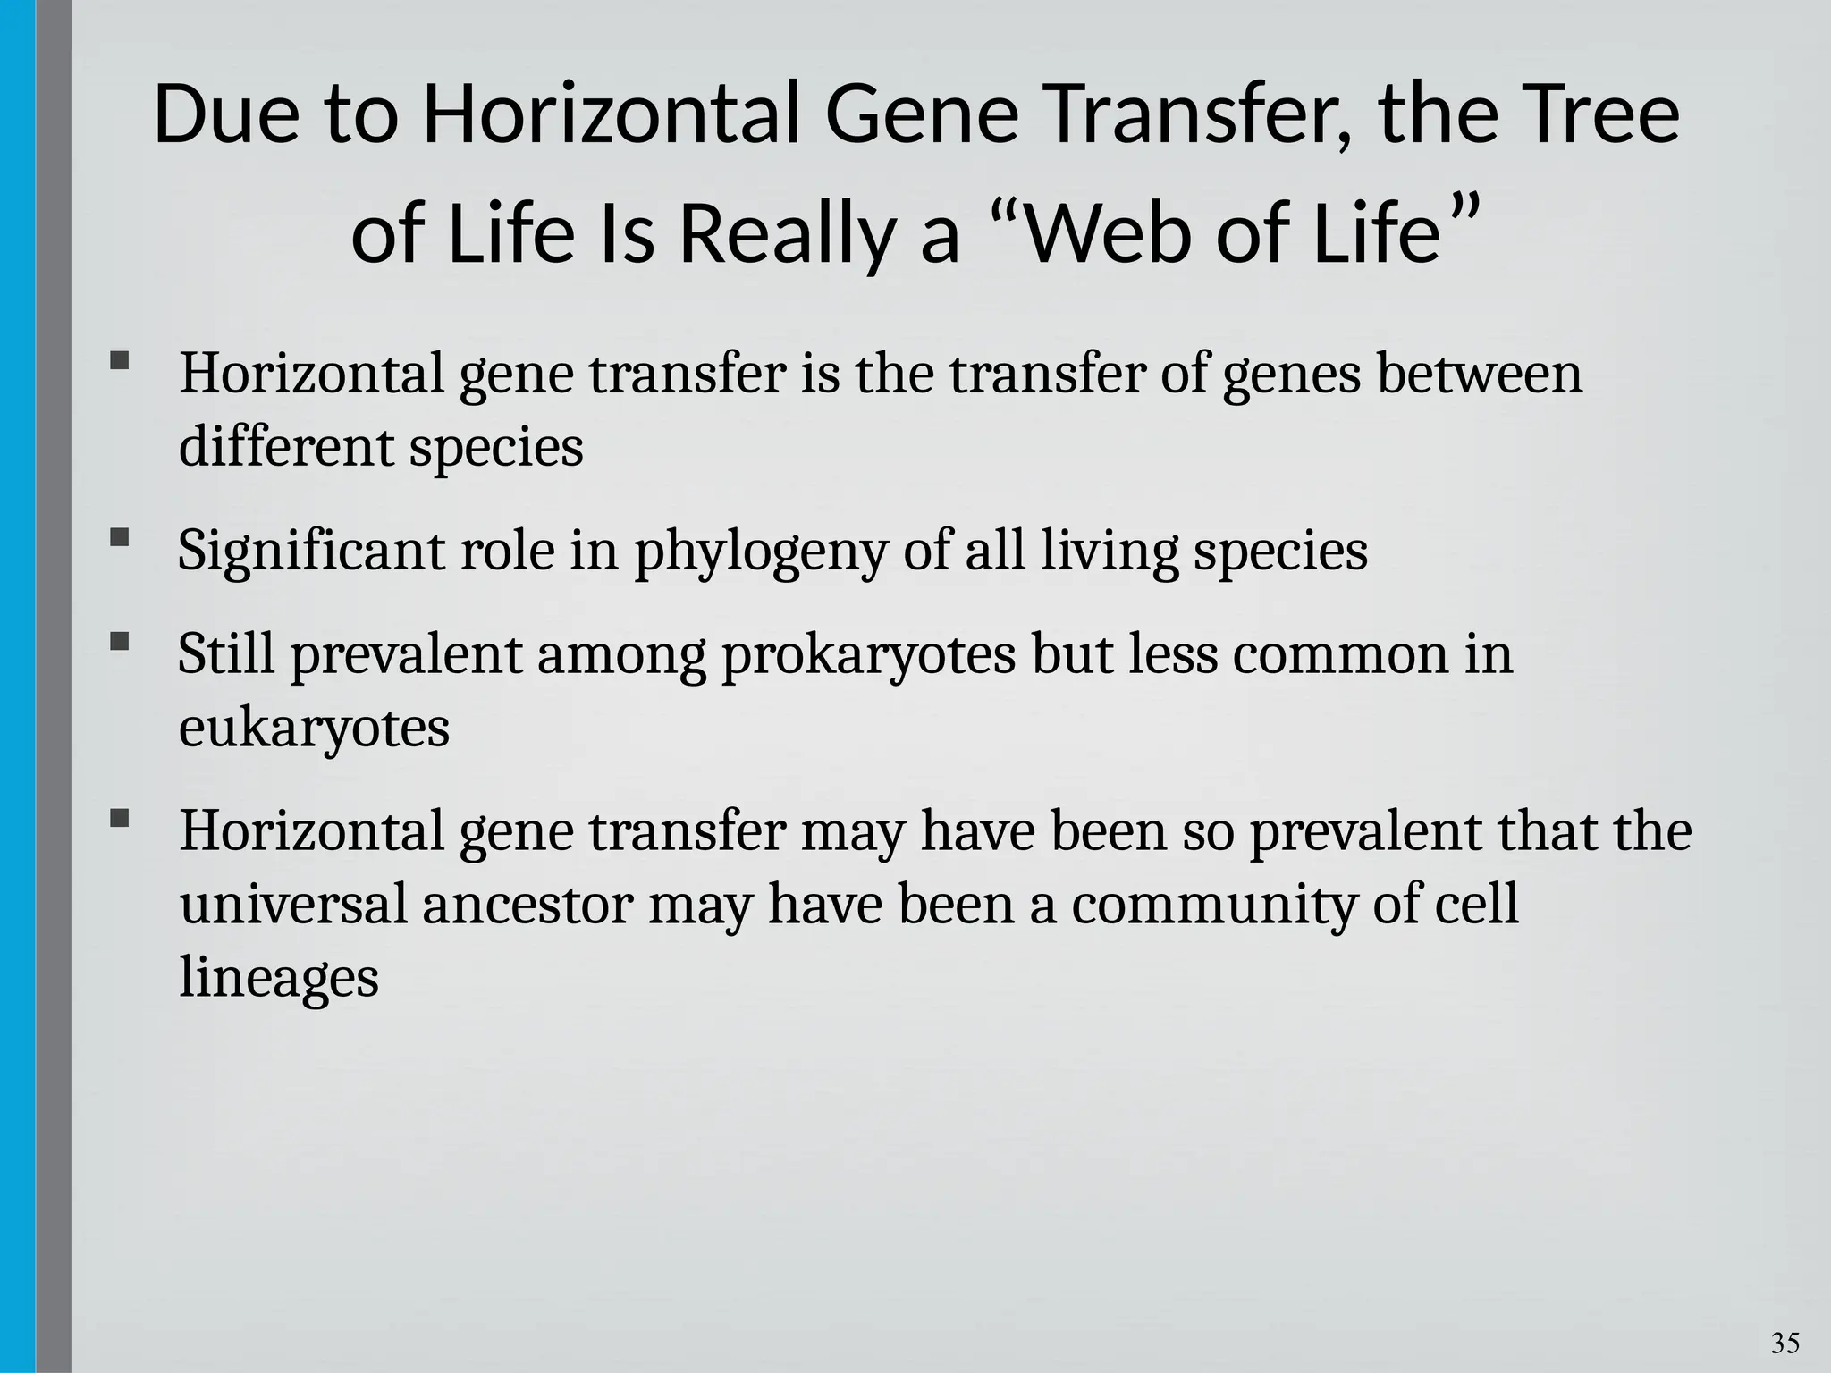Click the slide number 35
click(1785, 1343)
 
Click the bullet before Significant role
click(120, 538)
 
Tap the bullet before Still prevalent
click(120, 642)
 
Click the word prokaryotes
click(868, 655)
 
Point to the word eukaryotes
click(314, 729)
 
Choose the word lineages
click(279, 978)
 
